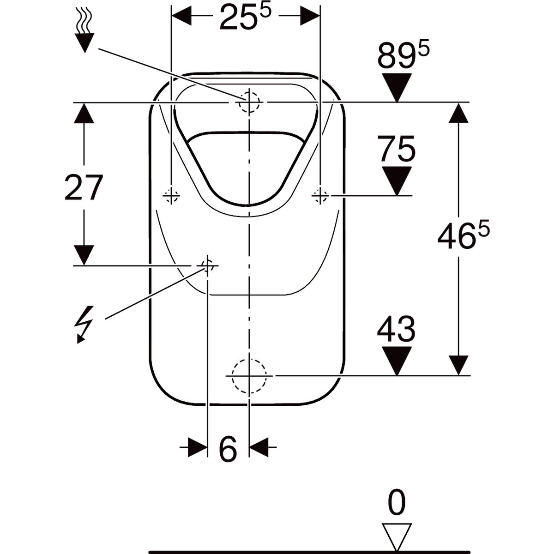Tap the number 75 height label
(396, 149)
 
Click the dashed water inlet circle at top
(249, 101)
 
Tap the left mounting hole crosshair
(171, 196)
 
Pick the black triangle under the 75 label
(396, 181)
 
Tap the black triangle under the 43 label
(396, 360)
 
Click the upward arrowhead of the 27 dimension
(84, 113)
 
